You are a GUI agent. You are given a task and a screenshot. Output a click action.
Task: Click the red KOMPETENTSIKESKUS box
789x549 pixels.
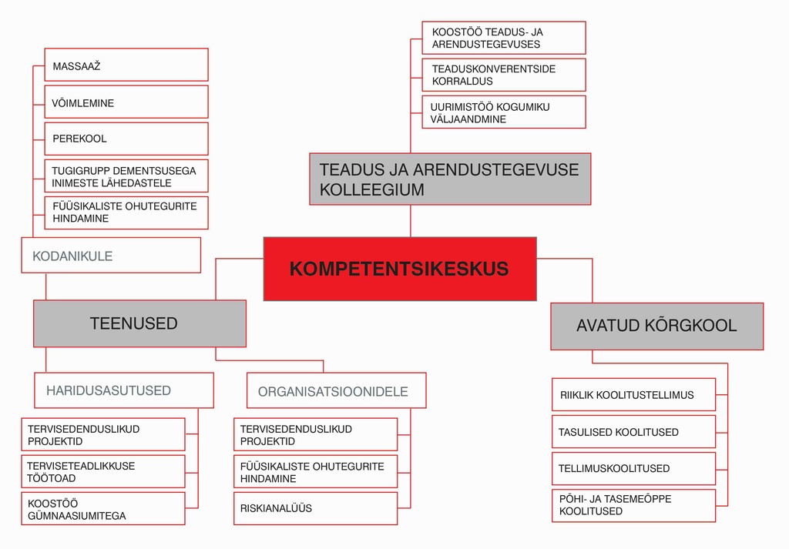(x=400, y=269)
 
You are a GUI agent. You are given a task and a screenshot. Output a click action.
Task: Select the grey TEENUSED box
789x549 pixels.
(x=139, y=323)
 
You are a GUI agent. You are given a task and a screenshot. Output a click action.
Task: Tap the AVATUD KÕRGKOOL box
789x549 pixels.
(x=656, y=326)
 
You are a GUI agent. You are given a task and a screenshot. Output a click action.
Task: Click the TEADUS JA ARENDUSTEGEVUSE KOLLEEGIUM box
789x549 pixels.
(x=450, y=179)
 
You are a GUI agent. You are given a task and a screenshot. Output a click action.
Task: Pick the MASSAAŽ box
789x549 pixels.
(x=126, y=65)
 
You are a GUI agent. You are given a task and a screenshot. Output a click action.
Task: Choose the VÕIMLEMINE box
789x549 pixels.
(x=126, y=102)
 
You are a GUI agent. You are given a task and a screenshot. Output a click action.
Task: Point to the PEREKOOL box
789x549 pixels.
(x=126, y=139)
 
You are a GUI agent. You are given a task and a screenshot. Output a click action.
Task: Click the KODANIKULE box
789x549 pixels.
(x=111, y=255)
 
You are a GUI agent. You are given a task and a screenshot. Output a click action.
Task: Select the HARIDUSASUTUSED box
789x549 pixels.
(x=124, y=390)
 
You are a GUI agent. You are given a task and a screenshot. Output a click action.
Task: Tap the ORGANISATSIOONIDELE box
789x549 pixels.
(x=336, y=390)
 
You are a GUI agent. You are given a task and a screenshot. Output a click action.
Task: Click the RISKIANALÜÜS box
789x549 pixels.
(x=315, y=508)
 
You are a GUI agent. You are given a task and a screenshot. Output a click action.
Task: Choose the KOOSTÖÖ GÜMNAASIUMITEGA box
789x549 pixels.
(x=102, y=509)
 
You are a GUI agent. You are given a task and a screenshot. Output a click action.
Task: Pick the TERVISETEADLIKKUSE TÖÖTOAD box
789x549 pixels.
(x=102, y=472)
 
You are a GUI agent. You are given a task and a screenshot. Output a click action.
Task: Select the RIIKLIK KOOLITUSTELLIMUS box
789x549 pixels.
(x=633, y=394)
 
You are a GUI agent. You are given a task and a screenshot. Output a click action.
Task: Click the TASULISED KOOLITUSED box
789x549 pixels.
(x=633, y=432)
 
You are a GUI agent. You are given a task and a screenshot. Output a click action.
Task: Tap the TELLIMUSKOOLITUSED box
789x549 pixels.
(x=633, y=468)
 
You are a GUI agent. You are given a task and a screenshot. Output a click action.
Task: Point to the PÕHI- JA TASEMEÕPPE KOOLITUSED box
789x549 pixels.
(x=633, y=505)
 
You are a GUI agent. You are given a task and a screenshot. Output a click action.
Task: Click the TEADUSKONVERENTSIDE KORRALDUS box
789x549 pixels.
(x=504, y=75)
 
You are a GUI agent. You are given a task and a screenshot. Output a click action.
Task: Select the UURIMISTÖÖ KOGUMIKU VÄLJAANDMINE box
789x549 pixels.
(x=504, y=112)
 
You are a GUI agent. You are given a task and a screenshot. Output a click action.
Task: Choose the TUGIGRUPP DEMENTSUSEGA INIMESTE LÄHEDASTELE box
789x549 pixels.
(x=126, y=176)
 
